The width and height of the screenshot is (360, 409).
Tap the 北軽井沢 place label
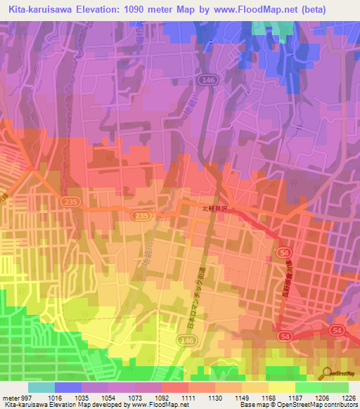point(215,209)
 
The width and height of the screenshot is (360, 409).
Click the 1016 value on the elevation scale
point(55,397)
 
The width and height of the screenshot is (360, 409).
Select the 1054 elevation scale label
point(108,397)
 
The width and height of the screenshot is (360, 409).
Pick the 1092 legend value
point(162,397)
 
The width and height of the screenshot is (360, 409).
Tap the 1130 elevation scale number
point(215,397)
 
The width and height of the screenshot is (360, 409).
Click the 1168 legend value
point(269,397)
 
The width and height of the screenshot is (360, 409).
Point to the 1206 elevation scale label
point(322,397)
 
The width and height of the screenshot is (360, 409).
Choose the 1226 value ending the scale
point(349,397)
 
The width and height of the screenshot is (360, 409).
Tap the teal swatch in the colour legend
point(41,387)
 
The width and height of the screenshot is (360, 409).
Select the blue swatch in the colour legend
point(68,387)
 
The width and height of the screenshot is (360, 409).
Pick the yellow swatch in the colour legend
point(282,387)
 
